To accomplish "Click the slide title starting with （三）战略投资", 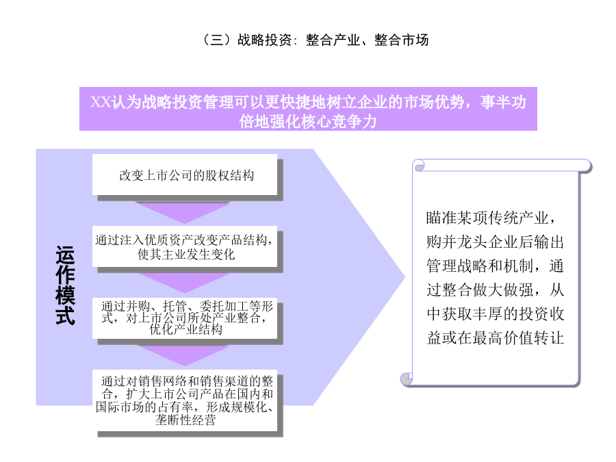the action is coord(315,40).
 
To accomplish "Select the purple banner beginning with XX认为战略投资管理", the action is coord(308,109).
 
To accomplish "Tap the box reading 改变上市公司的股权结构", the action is coord(185,175).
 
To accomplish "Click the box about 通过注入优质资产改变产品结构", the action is coord(185,246).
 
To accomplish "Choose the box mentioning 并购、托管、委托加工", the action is coord(185,318).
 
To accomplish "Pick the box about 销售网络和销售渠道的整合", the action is coord(185,400).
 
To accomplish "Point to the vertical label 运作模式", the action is coord(65,285).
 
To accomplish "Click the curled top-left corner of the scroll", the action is coord(419,166).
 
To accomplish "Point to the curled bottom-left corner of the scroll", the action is coord(407,378).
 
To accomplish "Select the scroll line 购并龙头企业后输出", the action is coord(495,242).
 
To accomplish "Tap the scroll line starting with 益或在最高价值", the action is coord(495,338).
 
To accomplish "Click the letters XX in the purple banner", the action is coord(101,102).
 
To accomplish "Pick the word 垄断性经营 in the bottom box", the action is coord(185,420).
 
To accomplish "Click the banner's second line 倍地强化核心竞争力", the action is coord(308,121).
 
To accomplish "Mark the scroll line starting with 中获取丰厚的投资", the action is coord(495,314).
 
